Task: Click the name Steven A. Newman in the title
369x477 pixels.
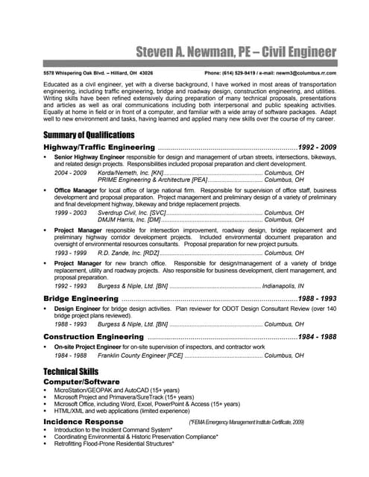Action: point(187,52)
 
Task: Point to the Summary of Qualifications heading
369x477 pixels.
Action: point(89,135)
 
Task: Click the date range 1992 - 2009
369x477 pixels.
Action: point(317,148)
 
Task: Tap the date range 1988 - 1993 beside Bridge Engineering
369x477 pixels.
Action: point(317,298)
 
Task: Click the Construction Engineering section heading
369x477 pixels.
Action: point(92,337)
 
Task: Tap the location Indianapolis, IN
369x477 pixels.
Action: point(283,285)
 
